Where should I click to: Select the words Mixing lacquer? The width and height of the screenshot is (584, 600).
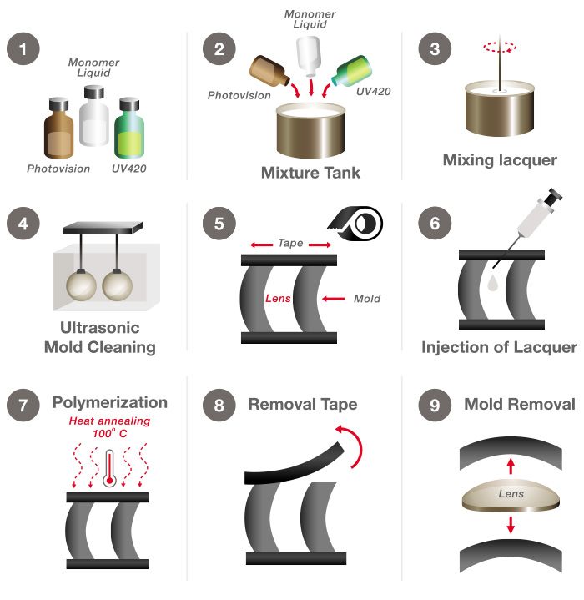tap(500, 159)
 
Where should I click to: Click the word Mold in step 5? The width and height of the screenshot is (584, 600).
tap(367, 298)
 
